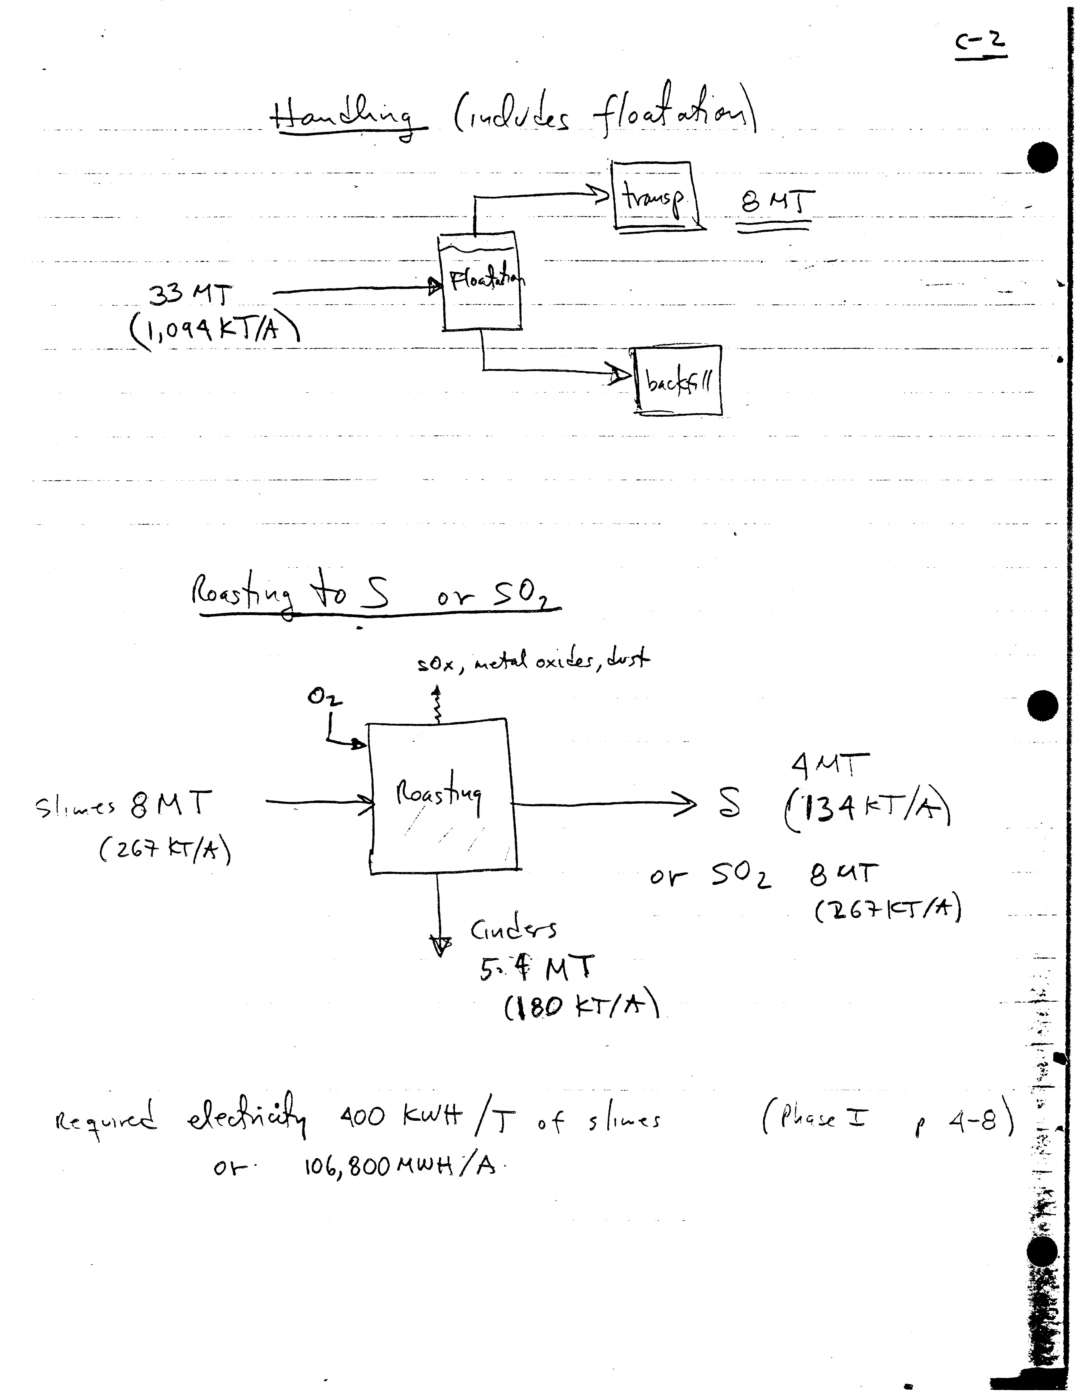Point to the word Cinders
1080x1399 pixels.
coord(514,930)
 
